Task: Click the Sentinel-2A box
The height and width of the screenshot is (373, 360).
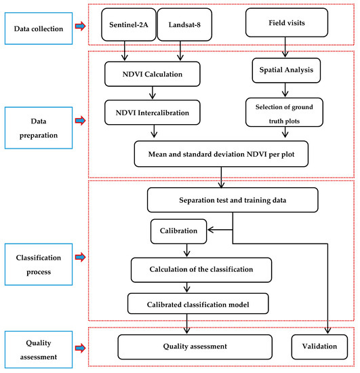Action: [x=129, y=24]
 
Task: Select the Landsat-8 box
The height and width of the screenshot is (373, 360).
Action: [x=184, y=24]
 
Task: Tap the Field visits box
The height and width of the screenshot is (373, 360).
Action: [x=287, y=22]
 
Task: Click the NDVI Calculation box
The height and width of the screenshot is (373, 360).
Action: [x=153, y=74]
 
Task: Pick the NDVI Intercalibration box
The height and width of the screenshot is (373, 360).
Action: [x=153, y=113]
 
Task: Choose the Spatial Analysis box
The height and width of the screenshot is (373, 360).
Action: [x=286, y=70]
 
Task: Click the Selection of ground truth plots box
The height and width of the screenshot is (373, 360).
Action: [x=284, y=113]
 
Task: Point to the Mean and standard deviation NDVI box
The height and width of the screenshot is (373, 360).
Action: [x=221, y=154]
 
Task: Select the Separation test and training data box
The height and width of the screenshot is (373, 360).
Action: [x=233, y=200]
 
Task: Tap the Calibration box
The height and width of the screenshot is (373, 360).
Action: [x=178, y=231]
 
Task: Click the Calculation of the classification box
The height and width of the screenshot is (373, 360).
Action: [x=201, y=270]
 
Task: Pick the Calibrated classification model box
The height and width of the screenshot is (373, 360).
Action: [x=198, y=304]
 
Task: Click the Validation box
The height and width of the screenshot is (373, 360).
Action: [x=319, y=347]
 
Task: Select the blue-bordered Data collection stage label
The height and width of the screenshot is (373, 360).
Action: [x=39, y=28]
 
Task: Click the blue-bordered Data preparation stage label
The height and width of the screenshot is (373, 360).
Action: [x=39, y=128]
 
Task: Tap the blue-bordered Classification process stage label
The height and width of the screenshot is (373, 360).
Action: [x=39, y=264]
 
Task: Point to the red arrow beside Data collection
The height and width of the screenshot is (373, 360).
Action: [x=81, y=26]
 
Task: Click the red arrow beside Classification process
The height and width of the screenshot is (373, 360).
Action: [x=81, y=257]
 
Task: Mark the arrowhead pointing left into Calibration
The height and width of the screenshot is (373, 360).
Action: [x=209, y=230]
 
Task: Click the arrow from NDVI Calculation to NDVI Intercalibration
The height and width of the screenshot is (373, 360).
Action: [x=153, y=92]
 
